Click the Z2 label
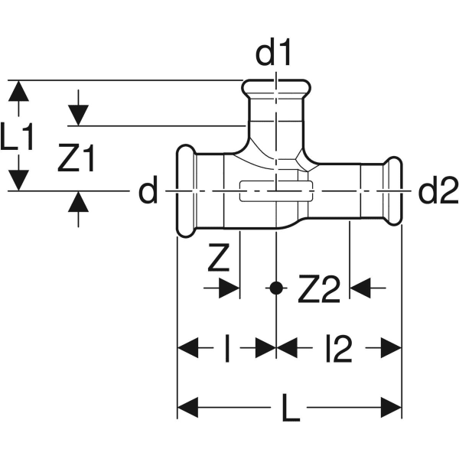click(x=317, y=289)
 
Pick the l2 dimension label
click(x=337, y=350)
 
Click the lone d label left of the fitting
click(x=147, y=192)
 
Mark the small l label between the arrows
click(x=227, y=350)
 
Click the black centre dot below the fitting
click(x=275, y=288)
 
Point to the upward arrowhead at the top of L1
click(x=20, y=90)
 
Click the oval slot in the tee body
click(x=275, y=192)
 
